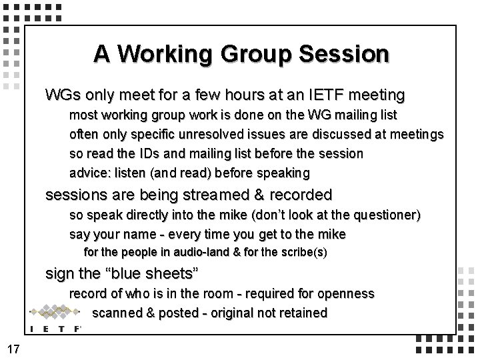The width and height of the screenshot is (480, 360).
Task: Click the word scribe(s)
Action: click(304, 253)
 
